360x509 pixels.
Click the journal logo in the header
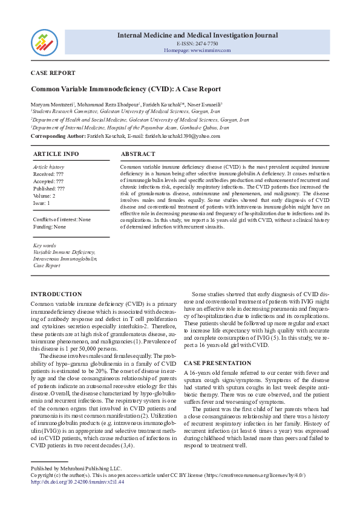[x=44, y=41]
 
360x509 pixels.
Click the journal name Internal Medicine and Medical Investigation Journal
[x=197, y=35]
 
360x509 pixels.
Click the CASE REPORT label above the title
[x=53, y=73]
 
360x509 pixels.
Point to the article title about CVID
[x=126, y=89]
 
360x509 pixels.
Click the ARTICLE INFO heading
[x=56, y=154]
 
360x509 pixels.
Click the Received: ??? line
[x=48, y=174]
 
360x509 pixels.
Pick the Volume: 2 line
[x=44, y=196]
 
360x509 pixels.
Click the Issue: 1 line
[x=42, y=203]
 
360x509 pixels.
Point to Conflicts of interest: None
[x=62, y=219]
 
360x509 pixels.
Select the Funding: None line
[x=50, y=227]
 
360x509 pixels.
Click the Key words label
[x=45, y=246]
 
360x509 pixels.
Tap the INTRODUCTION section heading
[x=56, y=294]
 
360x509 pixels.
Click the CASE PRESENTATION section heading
[x=217, y=363]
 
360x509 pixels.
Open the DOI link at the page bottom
[x=77, y=482]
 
